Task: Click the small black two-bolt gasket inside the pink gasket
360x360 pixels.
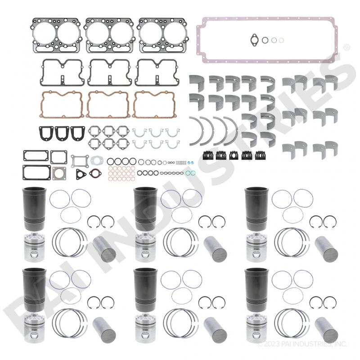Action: point(254,40)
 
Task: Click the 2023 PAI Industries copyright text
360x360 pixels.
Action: point(302,344)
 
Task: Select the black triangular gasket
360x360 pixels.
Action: point(81,174)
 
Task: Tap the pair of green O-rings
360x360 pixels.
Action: point(190,173)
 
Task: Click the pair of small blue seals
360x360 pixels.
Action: point(190,162)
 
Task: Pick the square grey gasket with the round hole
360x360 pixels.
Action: point(59,174)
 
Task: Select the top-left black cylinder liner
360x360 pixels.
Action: point(34,209)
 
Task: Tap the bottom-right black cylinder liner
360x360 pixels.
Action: point(256,290)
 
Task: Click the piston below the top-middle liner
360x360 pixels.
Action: point(145,247)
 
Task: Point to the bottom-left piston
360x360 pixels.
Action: point(35,328)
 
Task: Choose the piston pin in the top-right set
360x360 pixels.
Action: point(326,249)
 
